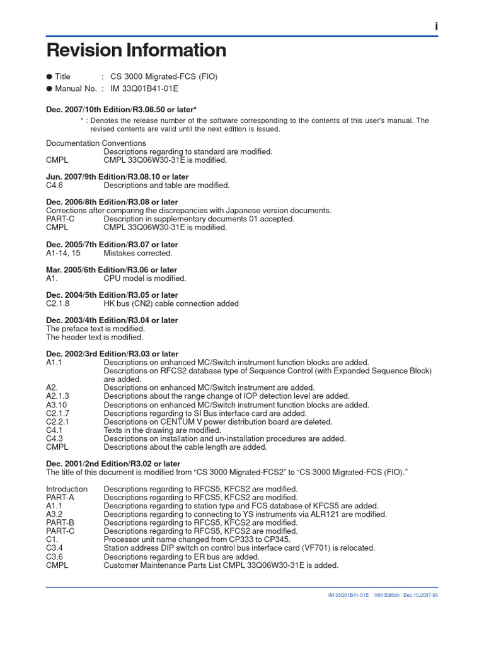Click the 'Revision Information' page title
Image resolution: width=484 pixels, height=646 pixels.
click(x=136, y=50)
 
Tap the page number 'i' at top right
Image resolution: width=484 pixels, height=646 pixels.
click(x=435, y=25)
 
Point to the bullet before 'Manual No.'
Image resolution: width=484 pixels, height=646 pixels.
click(x=49, y=89)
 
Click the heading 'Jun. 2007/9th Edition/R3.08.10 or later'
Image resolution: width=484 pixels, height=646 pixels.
click(x=117, y=177)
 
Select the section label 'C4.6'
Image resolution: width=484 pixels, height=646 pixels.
click(x=55, y=185)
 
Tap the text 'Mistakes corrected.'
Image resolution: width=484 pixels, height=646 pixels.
click(x=137, y=253)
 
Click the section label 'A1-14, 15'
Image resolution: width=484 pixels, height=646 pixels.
click(x=63, y=253)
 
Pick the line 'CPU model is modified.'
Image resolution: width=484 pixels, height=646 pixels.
click(x=145, y=278)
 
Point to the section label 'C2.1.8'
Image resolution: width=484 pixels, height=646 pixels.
click(x=57, y=303)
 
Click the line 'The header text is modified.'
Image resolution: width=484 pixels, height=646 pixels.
click(x=95, y=338)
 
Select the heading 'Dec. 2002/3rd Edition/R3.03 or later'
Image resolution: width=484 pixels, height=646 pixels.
click(x=112, y=354)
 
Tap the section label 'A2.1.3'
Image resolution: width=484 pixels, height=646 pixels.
click(x=57, y=396)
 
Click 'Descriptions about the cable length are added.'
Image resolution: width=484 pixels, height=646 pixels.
click(x=185, y=447)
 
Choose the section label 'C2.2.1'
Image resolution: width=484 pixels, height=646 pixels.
click(x=57, y=421)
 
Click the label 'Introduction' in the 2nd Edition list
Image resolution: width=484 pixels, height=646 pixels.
click(x=67, y=489)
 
